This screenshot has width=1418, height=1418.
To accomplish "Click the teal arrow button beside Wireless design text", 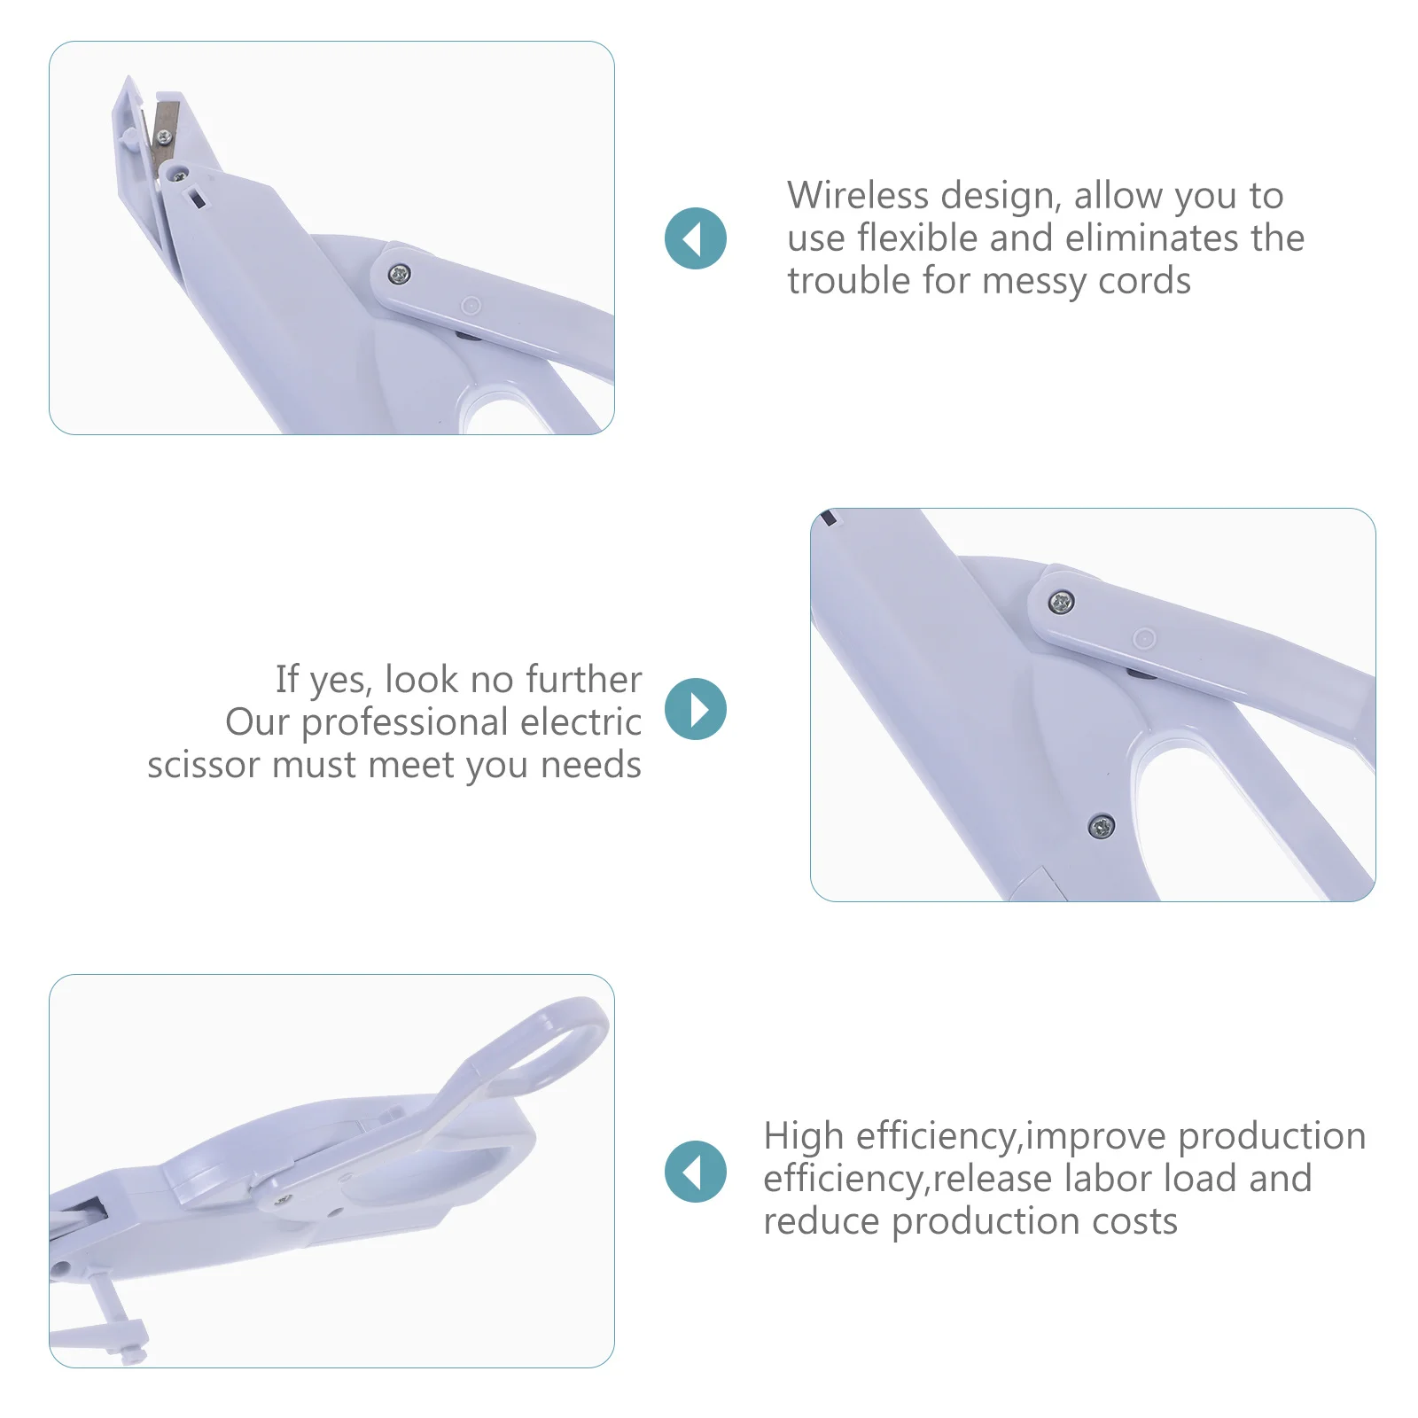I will pos(696,238).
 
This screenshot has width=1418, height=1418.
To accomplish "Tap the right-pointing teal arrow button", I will pos(696,709).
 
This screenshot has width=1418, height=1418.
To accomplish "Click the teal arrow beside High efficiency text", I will pos(696,1172).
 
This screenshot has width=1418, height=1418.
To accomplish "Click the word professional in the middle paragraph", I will pos(404,722).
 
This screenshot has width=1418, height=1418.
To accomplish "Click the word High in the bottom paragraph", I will pos(803,1136).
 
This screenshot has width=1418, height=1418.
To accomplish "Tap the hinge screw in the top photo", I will pos(400,274).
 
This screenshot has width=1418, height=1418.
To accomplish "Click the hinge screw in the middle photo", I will pos(1062,603).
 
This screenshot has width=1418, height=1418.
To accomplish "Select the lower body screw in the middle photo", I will pos(1101,826).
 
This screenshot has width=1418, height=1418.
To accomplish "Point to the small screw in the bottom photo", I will pos(284,1200).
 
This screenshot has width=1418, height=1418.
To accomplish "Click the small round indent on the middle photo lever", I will pos(1144,638).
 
